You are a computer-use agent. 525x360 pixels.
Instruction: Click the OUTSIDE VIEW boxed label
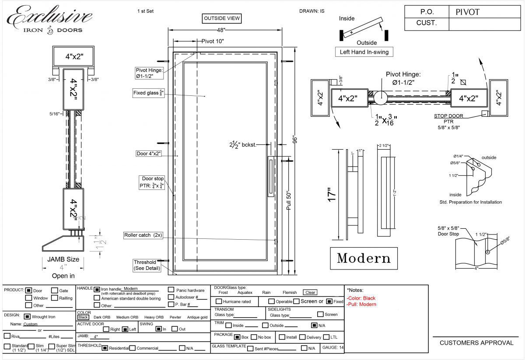pyautogui.click(x=222, y=18)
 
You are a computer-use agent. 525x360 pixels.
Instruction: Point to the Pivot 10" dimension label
pyautogui.click(x=213, y=42)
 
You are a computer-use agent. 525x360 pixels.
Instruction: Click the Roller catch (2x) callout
pyautogui.click(x=143, y=235)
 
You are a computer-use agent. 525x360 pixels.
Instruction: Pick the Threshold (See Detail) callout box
pyautogui.click(x=147, y=265)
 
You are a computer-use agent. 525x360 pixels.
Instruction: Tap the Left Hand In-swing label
pyautogui.click(x=364, y=52)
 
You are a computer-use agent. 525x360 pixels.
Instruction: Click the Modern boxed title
pyautogui.click(x=364, y=258)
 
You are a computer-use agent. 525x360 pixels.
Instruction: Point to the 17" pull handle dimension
pyautogui.click(x=332, y=193)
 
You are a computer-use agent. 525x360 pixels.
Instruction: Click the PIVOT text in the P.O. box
pyautogui.click(x=467, y=12)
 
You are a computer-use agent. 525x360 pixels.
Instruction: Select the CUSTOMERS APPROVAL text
pyautogui.click(x=476, y=343)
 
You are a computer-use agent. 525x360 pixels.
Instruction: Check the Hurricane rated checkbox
pyautogui.click(x=219, y=301)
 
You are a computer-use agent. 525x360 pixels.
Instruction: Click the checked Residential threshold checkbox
pyautogui.click(x=105, y=348)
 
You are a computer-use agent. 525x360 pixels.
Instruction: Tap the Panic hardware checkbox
pyautogui.click(x=171, y=290)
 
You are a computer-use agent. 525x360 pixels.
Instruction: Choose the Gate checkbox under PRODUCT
pyautogui.click(x=55, y=290)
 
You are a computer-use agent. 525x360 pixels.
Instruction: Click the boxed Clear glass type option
pyautogui.click(x=310, y=292)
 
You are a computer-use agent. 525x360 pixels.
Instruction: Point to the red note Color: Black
pyautogui.click(x=361, y=298)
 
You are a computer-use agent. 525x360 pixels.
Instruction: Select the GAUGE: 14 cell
pyautogui.click(x=332, y=347)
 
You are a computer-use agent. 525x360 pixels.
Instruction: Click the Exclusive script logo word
pyautogui.click(x=49, y=17)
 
